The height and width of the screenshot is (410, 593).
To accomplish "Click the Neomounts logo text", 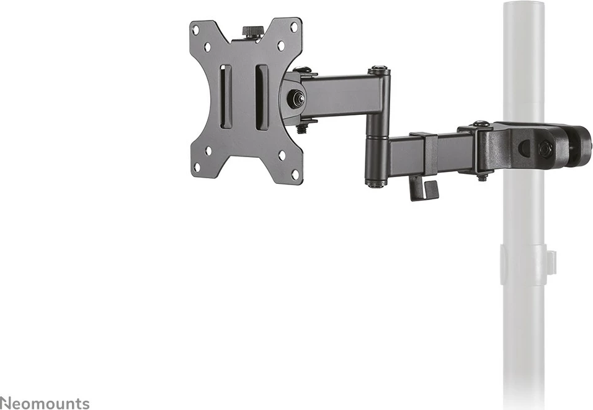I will [x=45, y=403].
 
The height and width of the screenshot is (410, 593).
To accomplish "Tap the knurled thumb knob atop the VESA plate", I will [x=252, y=30].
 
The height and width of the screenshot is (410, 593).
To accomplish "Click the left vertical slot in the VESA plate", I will [x=226, y=97].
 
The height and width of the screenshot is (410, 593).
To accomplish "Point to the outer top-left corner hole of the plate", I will [x=196, y=29].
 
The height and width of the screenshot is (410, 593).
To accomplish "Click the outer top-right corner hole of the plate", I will [x=295, y=26].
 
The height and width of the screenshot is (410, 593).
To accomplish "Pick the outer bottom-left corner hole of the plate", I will [x=197, y=167].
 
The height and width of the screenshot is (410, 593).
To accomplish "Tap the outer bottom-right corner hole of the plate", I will [x=295, y=174].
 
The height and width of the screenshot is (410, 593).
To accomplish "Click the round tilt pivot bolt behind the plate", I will [x=296, y=98].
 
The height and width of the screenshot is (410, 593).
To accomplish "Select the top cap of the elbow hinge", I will [x=379, y=70].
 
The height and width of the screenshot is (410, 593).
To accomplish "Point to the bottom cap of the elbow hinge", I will [x=374, y=183].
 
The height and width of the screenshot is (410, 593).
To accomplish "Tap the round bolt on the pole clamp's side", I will [x=545, y=148].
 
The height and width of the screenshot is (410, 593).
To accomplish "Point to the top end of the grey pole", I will [x=524, y=6].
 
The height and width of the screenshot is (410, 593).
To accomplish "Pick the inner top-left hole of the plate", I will [x=208, y=47].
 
